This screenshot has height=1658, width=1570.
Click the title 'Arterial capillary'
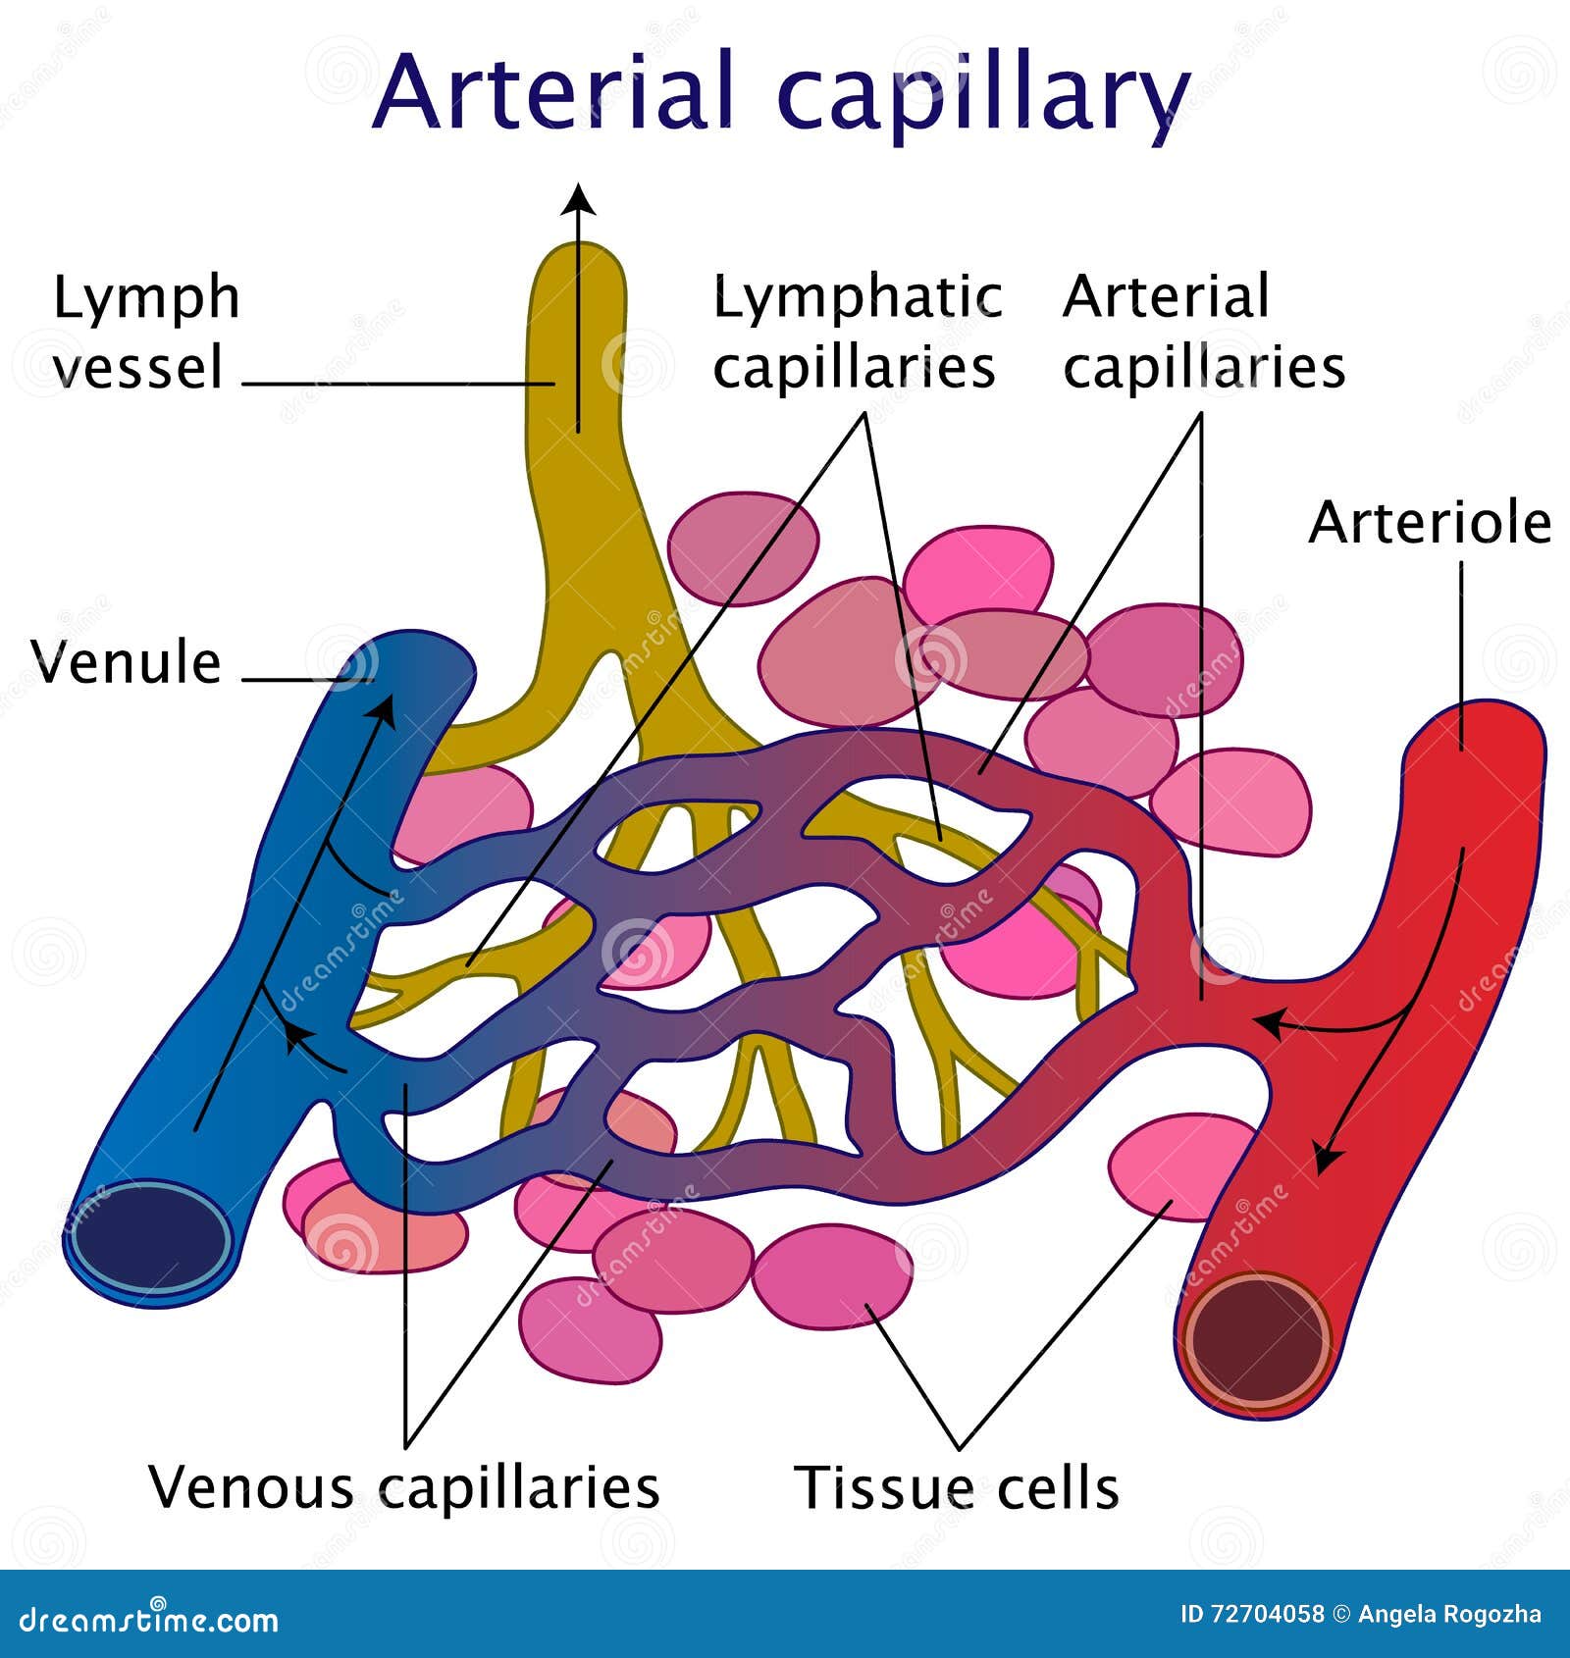(x=780, y=93)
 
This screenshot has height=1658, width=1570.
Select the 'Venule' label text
(x=126, y=662)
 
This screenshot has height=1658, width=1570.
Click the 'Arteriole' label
(x=1429, y=522)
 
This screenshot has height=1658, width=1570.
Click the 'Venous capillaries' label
(x=403, y=1487)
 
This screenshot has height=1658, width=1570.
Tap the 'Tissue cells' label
(x=956, y=1488)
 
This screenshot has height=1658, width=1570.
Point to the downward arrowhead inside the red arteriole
(x=1327, y=1159)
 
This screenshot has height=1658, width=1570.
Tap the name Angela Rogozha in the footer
(x=1449, y=1614)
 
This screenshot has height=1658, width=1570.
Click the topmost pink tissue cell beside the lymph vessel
(x=742, y=547)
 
